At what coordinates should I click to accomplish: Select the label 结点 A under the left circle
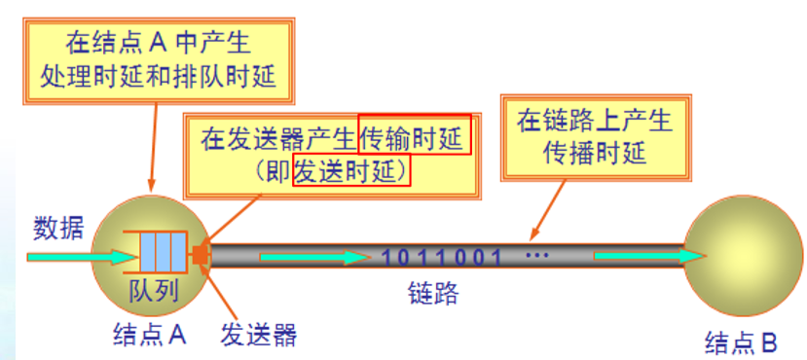coord(150,336)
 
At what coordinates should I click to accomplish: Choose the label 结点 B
coord(742,342)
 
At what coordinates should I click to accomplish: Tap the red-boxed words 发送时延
coord(351,173)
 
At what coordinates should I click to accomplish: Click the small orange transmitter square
coord(201,257)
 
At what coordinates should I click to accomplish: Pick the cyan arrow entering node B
coord(647,256)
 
